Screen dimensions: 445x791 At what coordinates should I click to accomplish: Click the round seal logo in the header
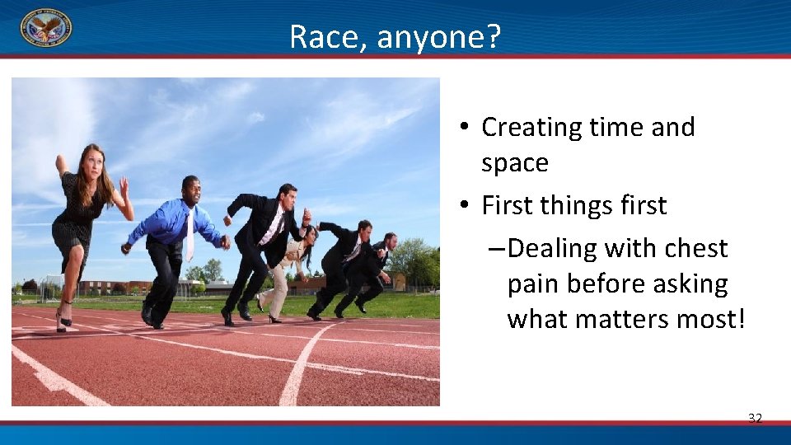45,27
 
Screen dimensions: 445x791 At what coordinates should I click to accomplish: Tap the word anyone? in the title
440,37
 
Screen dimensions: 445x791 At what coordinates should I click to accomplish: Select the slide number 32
755,419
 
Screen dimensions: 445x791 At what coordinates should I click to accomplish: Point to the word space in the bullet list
514,163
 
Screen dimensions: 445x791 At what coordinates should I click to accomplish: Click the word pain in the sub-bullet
536,284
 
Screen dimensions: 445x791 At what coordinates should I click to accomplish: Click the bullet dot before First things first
466,206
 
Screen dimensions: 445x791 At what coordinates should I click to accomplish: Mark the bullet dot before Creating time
466,128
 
